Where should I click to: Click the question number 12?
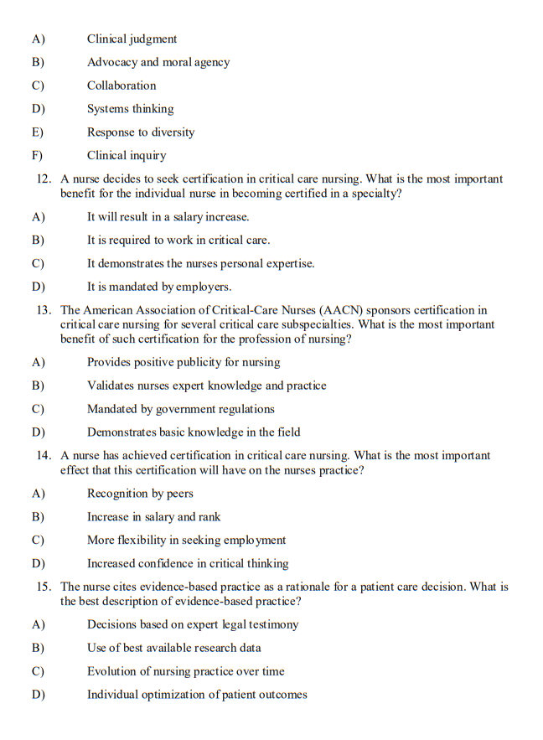pos(44,179)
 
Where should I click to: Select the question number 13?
pos(44,310)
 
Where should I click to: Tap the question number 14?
pos(44,456)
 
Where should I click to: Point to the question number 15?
pos(44,587)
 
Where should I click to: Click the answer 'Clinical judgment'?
pos(132,39)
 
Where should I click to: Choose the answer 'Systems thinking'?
pos(130,109)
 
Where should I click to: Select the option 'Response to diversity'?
pos(140,132)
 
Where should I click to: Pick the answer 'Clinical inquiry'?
pos(127,156)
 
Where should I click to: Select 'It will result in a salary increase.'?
pos(168,217)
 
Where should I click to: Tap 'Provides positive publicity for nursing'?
pos(184,363)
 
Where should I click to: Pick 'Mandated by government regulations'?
pos(180,410)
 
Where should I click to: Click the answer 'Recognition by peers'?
pos(140,494)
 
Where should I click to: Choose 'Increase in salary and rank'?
pos(153,517)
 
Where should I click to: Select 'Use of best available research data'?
pos(173,648)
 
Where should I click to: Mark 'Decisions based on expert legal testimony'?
pos(192,624)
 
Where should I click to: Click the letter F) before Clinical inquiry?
pos(37,156)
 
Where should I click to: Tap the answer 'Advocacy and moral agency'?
pos(158,63)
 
